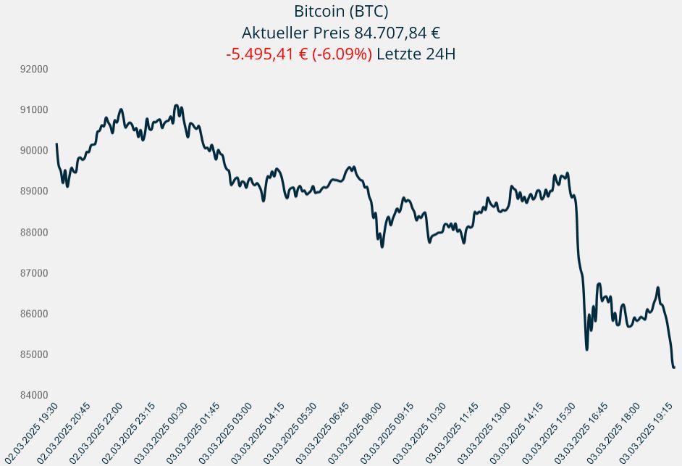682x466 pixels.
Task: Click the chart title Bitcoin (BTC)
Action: (341, 12)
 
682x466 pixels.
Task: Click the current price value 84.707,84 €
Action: (395, 33)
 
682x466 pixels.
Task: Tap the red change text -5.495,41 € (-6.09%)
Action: (299, 54)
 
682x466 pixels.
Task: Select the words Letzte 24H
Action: (416, 54)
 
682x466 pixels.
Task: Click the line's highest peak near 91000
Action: (176, 106)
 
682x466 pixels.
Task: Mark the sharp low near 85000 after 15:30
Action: (587, 349)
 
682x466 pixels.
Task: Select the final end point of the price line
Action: (674, 367)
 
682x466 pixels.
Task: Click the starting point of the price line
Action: (56, 143)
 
